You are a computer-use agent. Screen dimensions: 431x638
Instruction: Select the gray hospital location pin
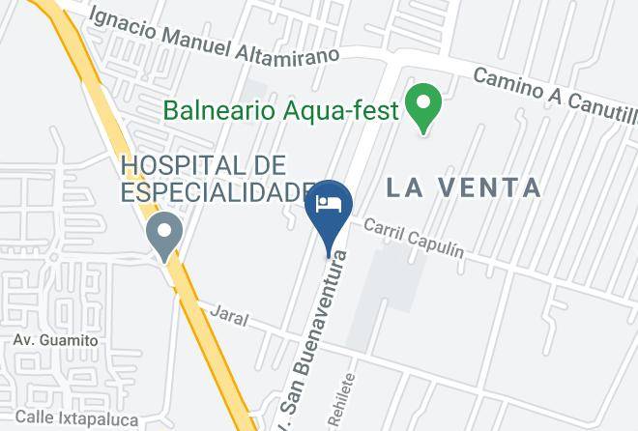pos(164,234)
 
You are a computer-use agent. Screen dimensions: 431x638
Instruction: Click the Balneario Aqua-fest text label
pos(280,109)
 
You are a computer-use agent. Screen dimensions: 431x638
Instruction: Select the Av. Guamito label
pos(55,340)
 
